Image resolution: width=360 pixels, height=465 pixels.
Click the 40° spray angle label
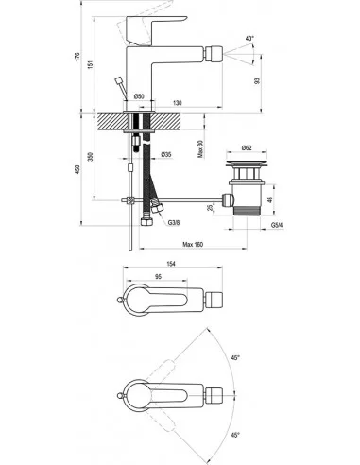point(249,39)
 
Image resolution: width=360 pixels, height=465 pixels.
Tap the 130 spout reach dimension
point(178,103)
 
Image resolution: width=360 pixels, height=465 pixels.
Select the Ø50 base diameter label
point(139,96)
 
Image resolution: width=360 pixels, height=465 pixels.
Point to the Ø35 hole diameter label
point(166,154)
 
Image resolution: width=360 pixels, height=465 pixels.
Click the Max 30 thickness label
point(200,148)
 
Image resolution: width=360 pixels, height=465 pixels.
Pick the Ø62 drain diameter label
point(247,147)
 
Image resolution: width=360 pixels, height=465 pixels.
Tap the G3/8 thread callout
point(174,223)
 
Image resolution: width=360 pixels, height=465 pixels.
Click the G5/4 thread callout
point(277,225)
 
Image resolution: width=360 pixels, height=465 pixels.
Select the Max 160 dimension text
point(193,244)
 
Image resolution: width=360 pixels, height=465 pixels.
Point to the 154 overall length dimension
point(171,264)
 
